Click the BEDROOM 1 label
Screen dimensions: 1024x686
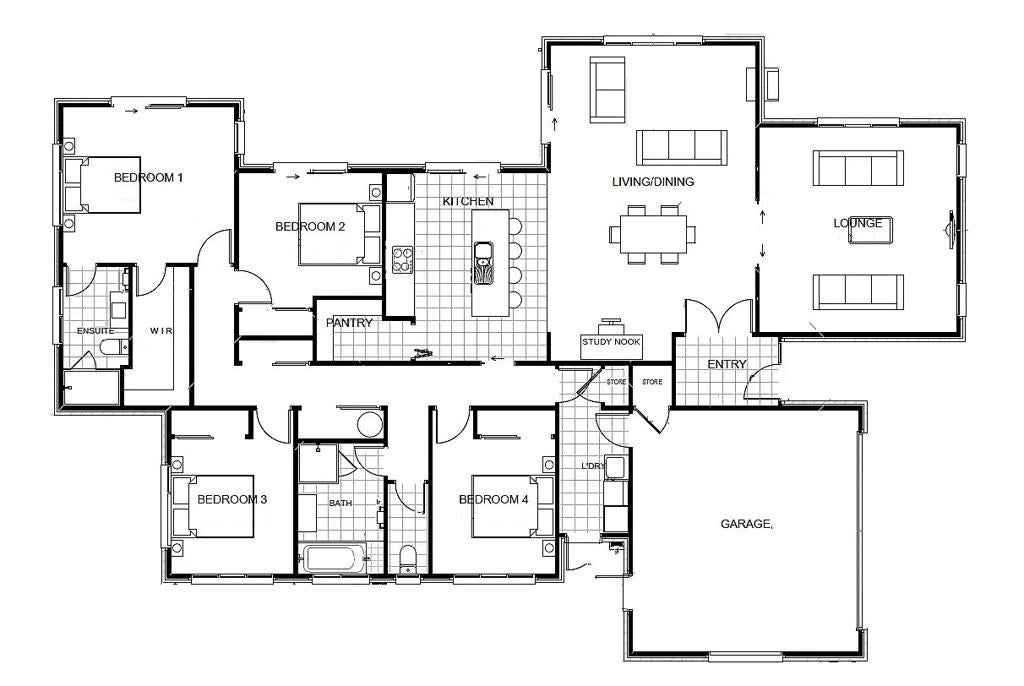[x=148, y=177]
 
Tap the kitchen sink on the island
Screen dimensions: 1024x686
[x=484, y=264]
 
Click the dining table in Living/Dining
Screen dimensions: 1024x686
[x=652, y=234]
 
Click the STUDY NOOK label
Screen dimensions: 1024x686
[x=611, y=342]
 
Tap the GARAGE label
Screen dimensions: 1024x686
[x=746, y=523]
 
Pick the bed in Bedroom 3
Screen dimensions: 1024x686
[x=213, y=506]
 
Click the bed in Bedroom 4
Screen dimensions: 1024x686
[x=513, y=506]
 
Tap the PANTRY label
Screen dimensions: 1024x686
[x=349, y=323]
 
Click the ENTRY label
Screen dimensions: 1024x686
[x=727, y=364]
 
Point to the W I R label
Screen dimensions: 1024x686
[x=161, y=331]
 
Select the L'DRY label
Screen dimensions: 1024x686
[x=593, y=466]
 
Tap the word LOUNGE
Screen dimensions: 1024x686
[x=857, y=223]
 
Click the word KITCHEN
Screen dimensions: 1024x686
[x=468, y=201]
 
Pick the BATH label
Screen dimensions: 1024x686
[x=340, y=503]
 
